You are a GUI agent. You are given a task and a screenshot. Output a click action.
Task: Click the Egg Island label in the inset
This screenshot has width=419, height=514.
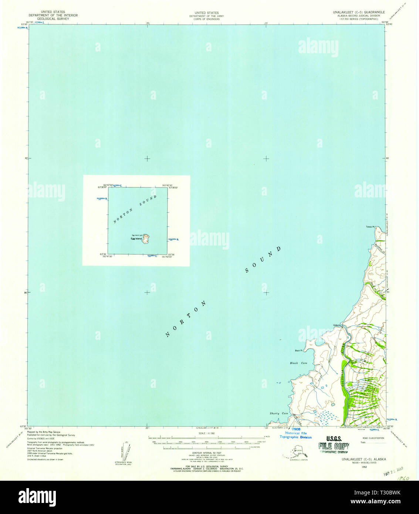[136, 239]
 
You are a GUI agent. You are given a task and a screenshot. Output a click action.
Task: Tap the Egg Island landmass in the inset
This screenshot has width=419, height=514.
[146, 239]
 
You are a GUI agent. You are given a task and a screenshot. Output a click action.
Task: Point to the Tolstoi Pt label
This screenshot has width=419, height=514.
[370, 227]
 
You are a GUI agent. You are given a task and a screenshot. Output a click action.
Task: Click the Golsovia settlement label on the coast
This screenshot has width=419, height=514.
[337, 325]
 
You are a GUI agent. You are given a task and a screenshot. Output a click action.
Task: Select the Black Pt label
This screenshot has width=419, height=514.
[298, 351]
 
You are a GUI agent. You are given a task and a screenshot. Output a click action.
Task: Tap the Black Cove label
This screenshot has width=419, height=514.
[298, 363]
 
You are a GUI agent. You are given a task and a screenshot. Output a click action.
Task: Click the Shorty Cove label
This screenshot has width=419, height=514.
[279, 413]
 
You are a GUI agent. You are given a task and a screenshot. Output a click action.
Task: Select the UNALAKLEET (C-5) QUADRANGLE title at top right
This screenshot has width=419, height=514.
[358, 12]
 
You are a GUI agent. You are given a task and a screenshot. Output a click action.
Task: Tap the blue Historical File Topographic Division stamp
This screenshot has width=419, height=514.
[295, 433]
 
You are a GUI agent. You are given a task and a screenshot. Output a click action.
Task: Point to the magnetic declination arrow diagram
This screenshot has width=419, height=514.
[124, 451]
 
